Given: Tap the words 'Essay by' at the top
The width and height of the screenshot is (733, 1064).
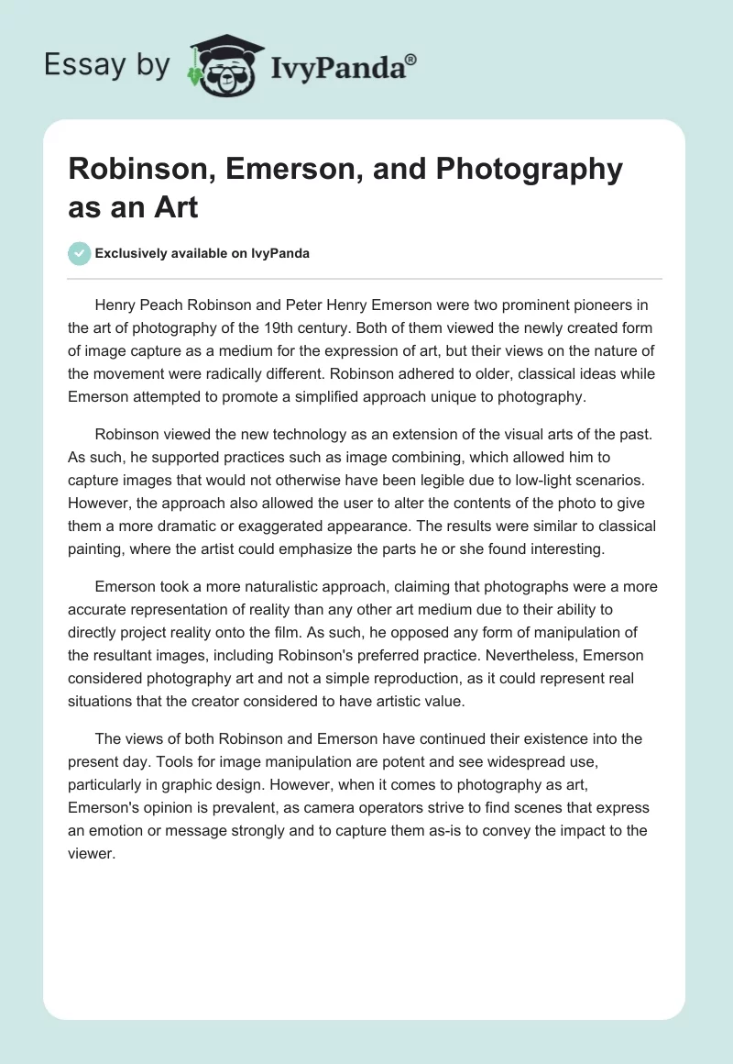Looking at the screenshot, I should pyautogui.click(x=107, y=63).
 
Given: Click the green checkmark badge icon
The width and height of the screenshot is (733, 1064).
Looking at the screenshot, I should pyautogui.click(x=80, y=253).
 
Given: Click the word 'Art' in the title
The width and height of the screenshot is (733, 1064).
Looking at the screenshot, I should pyautogui.click(x=176, y=206).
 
